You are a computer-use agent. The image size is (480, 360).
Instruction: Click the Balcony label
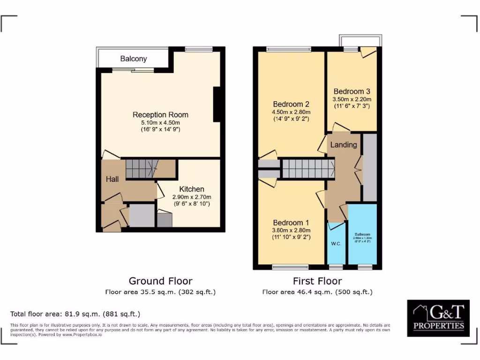point(134,59)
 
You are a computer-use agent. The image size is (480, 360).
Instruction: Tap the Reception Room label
point(160,115)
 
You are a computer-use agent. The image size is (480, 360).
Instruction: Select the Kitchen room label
point(192,189)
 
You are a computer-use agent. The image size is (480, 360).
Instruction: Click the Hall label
point(112,179)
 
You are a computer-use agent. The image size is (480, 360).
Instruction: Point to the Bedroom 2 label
point(291,104)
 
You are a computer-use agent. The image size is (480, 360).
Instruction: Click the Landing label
point(344,145)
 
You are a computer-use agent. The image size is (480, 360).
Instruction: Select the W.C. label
point(336,244)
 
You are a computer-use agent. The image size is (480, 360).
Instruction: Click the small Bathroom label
point(362,234)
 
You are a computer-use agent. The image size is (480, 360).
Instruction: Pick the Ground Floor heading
point(160,281)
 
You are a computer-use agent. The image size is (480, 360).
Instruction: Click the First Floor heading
point(317,281)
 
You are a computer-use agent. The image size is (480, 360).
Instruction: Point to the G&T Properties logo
point(438,318)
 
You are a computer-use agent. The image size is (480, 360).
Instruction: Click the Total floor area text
point(75,314)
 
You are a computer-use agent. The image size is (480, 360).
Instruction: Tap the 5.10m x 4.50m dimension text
point(160,123)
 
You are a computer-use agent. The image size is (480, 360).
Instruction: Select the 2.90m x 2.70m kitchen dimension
point(192,197)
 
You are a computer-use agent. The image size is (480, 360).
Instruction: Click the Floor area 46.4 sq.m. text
point(317,292)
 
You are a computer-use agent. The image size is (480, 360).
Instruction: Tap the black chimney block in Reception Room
point(217,105)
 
